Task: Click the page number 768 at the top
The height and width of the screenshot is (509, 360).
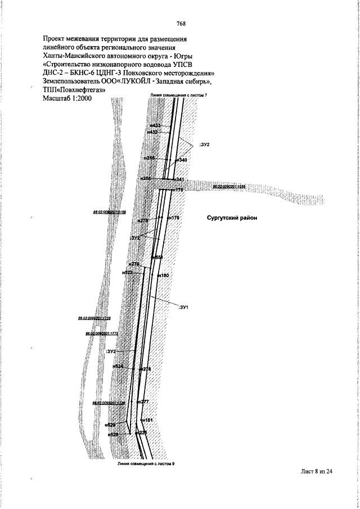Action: click(181, 23)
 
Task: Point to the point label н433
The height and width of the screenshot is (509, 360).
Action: click(156, 125)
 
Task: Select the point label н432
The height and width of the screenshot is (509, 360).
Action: click(152, 132)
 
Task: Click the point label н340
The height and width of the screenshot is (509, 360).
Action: click(181, 160)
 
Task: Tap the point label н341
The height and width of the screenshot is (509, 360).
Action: click(179, 179)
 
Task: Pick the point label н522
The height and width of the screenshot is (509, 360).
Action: click(128, 272)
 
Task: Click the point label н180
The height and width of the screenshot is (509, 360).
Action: click(164, 276)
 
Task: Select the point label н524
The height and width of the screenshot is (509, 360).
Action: click(118, 366)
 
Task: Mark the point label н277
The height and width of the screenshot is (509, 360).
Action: click(143, 402)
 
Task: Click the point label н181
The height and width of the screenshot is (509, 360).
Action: click(147, 420)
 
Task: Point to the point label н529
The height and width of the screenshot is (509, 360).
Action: click(111, 425)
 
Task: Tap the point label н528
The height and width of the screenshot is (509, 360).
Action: click(112, 435)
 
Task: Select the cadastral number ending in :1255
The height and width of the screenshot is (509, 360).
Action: click(229, 186)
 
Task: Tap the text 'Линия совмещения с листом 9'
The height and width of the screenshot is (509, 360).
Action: click(143, 465)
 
